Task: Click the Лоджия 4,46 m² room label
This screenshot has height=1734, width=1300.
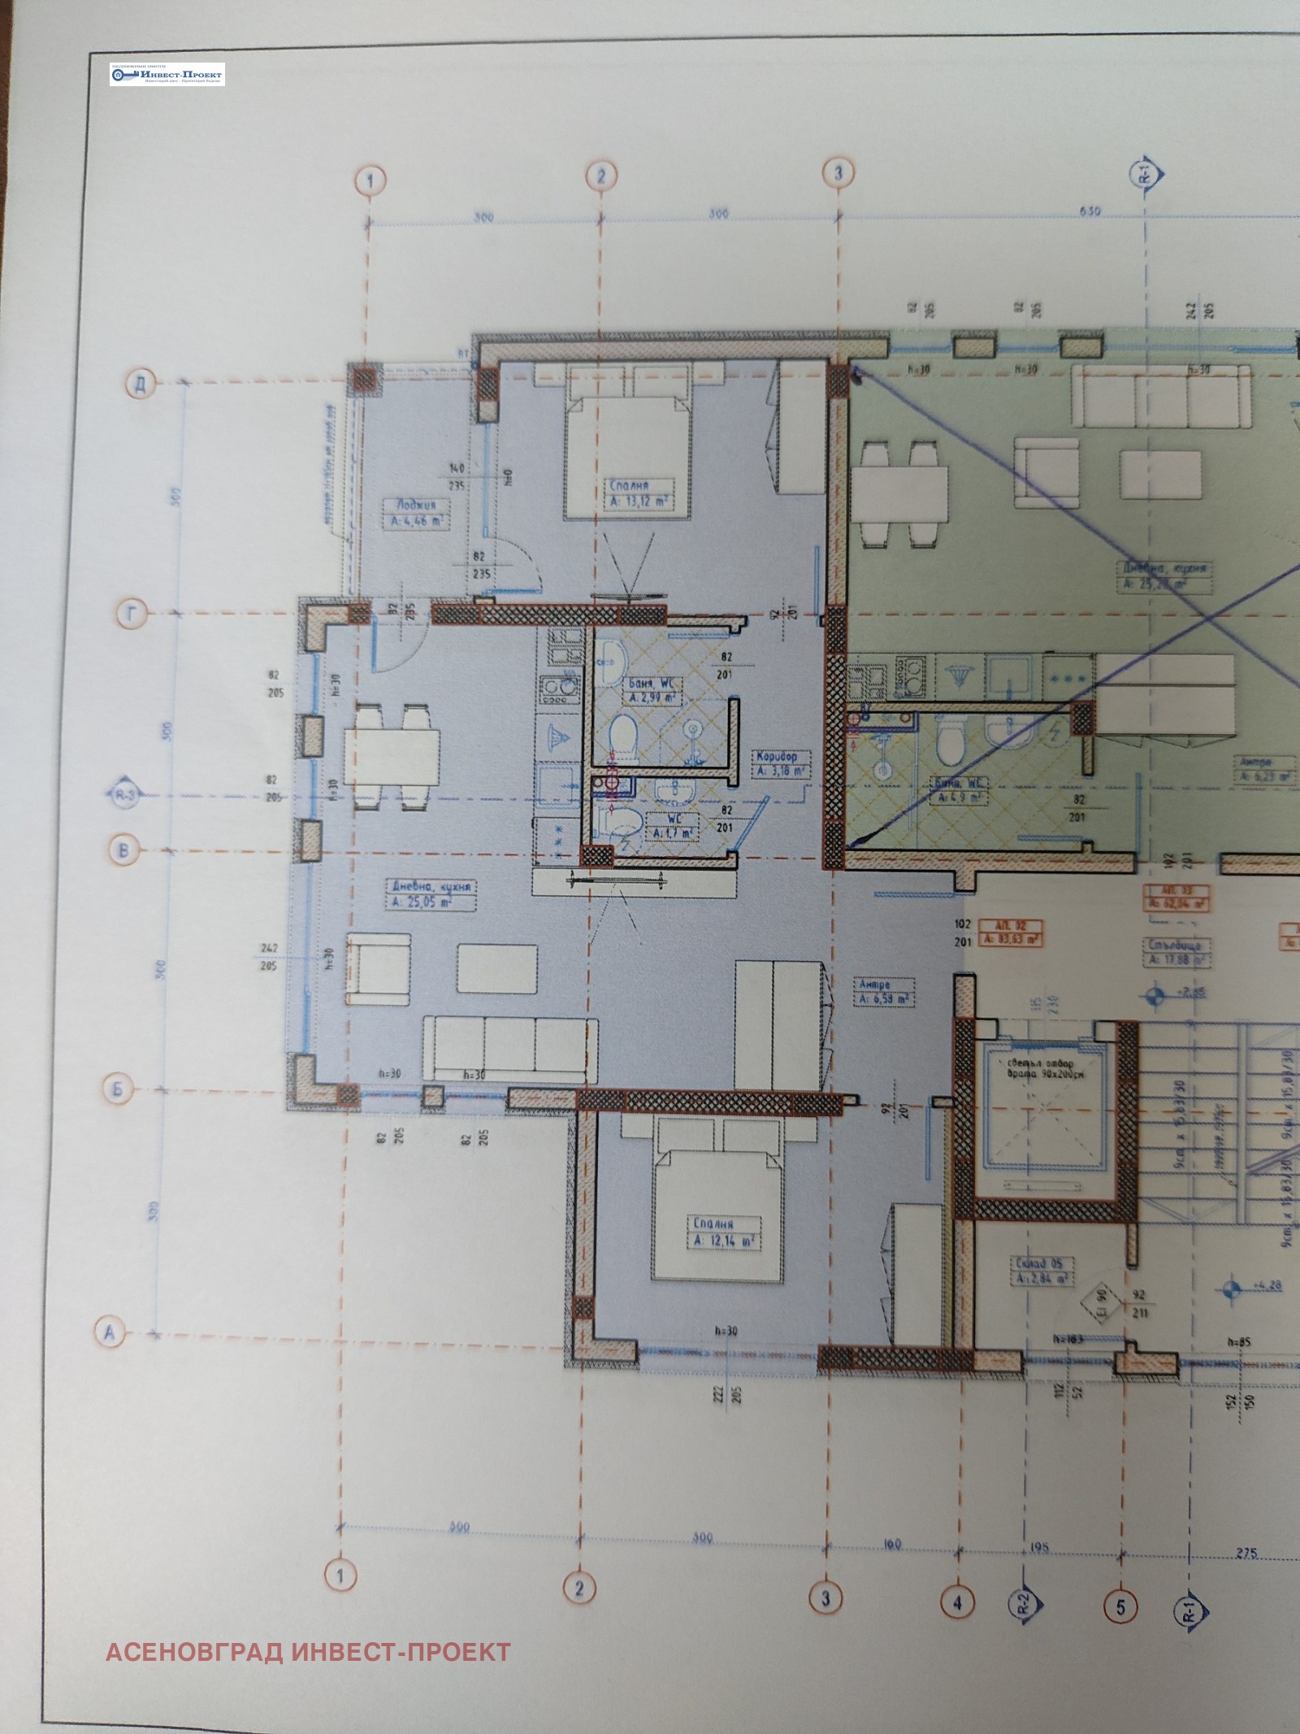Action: [415, 514]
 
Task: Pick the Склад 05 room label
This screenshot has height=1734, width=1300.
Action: [1042, 1271]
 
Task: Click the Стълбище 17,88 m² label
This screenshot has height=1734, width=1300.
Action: [1176, 953]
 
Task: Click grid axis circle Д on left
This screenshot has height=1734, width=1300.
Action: [141, 384]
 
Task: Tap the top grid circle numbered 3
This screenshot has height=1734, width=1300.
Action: [838, 172]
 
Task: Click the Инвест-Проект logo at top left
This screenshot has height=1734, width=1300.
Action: [167, 75]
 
